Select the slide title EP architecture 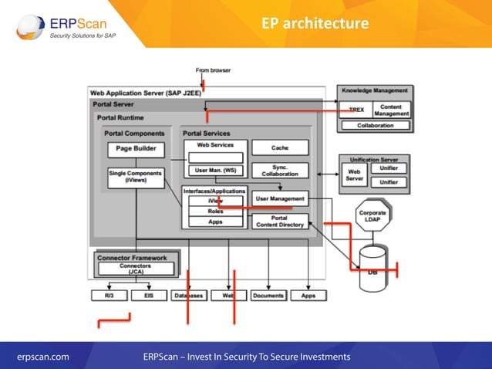(x=315, y=24)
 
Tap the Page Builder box (x=135, y=149)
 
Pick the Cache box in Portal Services (x=280, y=147)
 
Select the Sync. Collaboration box (x=280, y=169)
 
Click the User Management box (x=280, y=198)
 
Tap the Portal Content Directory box (x=280, y=221)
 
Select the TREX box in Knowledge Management (x=356, y=110)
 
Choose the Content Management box (x=392, y=110)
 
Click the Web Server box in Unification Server (x=354, y=175)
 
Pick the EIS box (x=143, y=295)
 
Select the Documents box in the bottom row (x=268, y=295)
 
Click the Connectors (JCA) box (x=135, y=269)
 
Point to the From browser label (x=214, y=70)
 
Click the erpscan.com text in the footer (x=43, y=356)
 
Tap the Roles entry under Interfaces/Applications (x=215, y=211)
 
